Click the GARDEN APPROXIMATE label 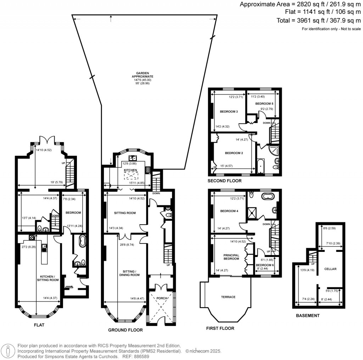pyautogui.click(x=143, y=75)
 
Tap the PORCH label pyautogui.click(x=162, y=298)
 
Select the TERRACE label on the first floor pyautogui.click(x=228, y=297)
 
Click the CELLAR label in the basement pyautogui.click(x=330, y=269)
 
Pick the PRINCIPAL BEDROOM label pyautogui.click(x=231, y=257)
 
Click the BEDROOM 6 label pyautogui.click(x=265, y=265)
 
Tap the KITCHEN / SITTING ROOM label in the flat pyautogui.click(x=48, y=278)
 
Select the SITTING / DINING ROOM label pyautogui.click(x=129, y=273)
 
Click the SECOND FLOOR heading pyautogui.click(x=224, y=181)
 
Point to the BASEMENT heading pyautogui.click(x=308, y=315)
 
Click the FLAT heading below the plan pyautogui.click(x=39, y=325)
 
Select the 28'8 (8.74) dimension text pyautogui.click(x=127, y=244)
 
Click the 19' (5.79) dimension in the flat pyautogui.click(x=57, y=182)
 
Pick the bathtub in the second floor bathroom pyautogui.click(x=260, y=166)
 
